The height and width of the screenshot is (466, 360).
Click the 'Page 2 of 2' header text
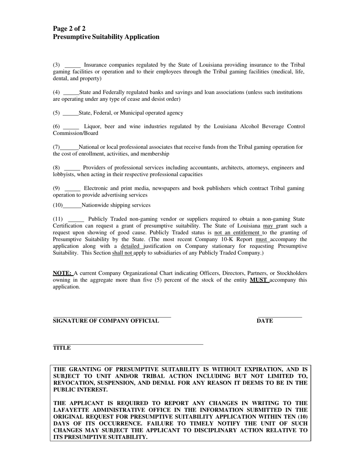click(x=69, y=29)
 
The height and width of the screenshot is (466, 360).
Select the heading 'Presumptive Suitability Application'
click(x=106, y=37)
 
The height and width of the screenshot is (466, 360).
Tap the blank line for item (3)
click(x=73, y=66)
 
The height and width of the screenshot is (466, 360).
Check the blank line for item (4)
click(x=71, y=93)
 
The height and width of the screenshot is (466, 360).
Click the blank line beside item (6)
click(x=71, y=127)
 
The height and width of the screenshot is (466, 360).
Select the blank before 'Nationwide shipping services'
click(x=72, y=206)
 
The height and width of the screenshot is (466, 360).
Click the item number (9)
click(x=56, y=188)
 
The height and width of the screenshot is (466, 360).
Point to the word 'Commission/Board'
click(x=75, y=133)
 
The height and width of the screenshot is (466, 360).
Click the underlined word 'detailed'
click(x=130, y=246)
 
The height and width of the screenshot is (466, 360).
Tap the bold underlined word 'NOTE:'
click(x=62, y=273)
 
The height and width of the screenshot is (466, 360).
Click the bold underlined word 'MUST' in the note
click(x=258, y=280)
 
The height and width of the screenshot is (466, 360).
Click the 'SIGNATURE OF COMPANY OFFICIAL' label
click(x=106, y=321)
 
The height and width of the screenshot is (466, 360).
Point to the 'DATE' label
click(x=265, y=321)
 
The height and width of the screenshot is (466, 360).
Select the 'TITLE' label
click(x=62, y=348)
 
